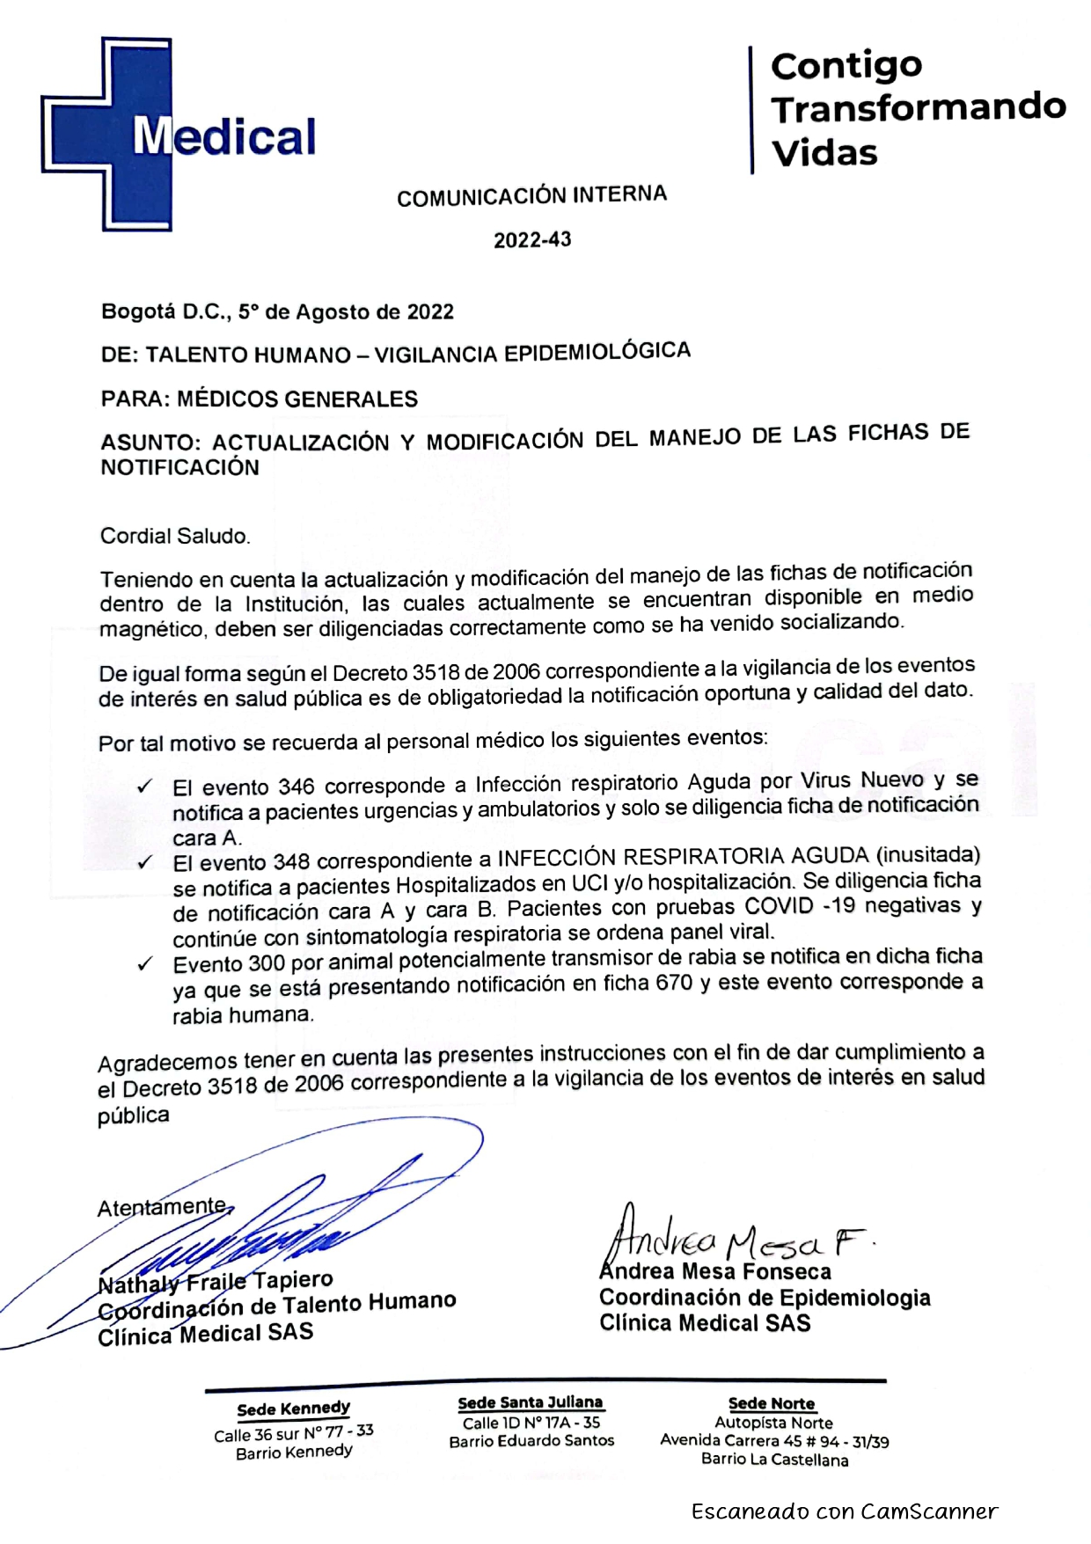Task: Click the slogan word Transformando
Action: coord(918,107)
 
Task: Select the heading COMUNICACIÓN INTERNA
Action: coord(531,195)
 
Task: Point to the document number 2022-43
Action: coord(531,240)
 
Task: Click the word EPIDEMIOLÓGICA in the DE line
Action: coord(597,352)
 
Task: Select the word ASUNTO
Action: coord(149,443)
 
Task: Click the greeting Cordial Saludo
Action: coord(175,536)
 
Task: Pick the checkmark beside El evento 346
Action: coord(145,787)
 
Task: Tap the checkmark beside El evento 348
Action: coord(145,862)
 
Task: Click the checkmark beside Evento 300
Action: coord(145,964)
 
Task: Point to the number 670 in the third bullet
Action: coord(674,984)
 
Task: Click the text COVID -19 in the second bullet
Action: coord(800,906)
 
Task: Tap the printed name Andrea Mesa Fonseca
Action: coord(714,1271)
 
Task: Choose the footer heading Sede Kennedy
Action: coord(293,1409)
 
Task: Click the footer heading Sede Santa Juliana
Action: coord(531,1402)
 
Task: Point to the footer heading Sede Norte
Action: coord(771,1403)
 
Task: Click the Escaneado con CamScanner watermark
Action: coord(844,1511)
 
